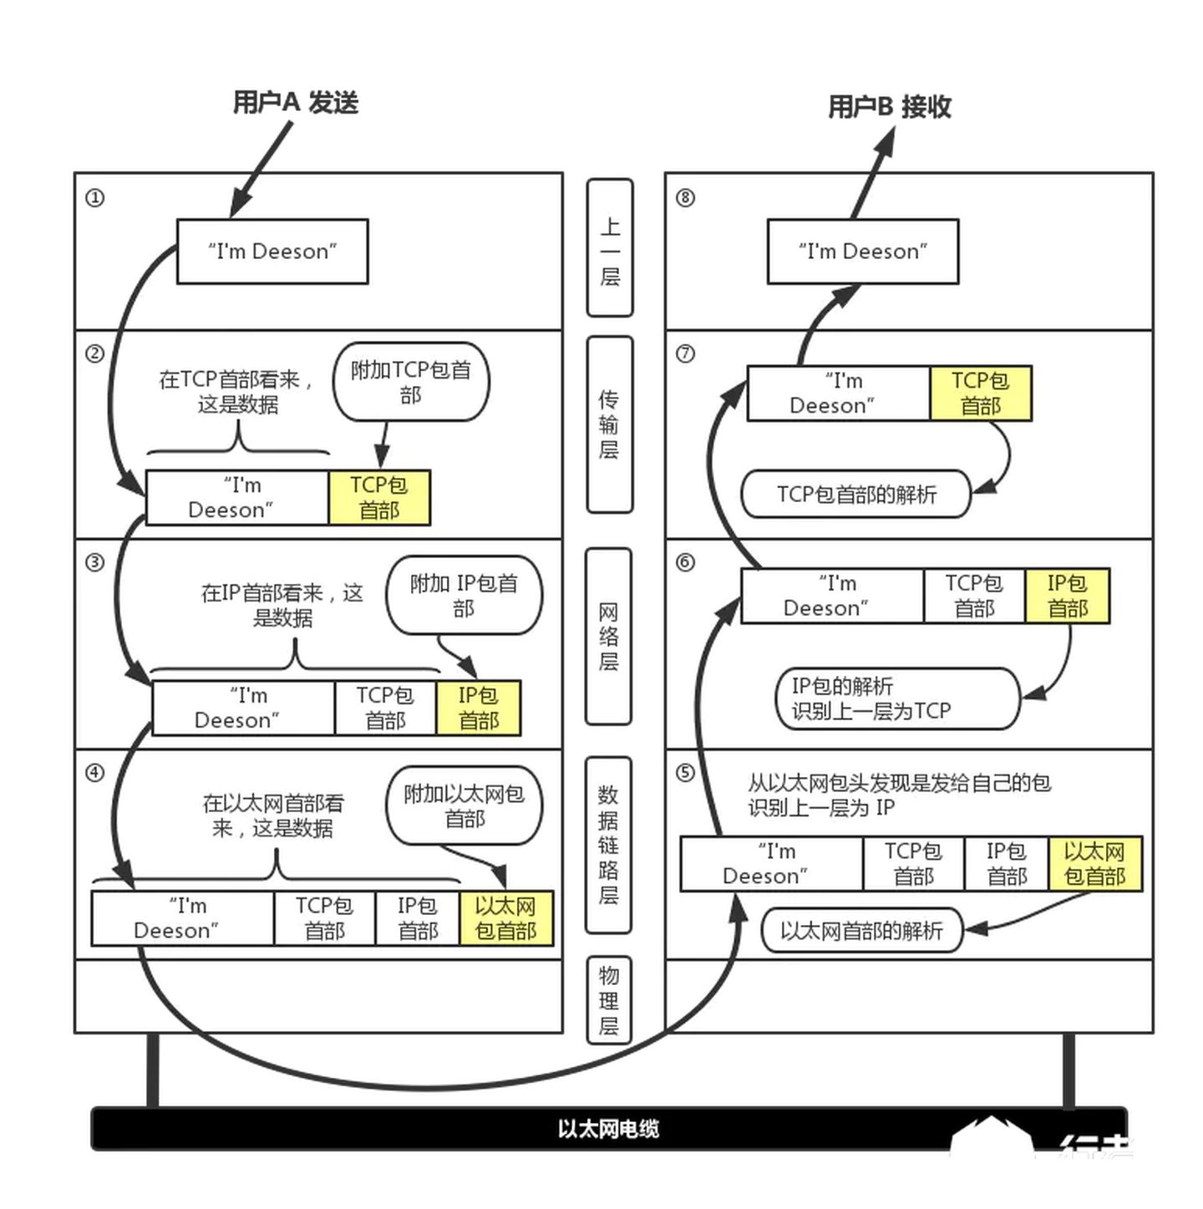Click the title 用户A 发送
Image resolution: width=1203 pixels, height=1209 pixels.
coord(295,103)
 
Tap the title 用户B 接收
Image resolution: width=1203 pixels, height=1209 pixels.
coord(889,106)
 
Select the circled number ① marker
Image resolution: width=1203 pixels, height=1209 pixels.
coord(95,198)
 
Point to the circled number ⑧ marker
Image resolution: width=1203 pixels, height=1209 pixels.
coord(685,198)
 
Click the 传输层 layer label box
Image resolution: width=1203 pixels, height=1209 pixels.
coord(610,424)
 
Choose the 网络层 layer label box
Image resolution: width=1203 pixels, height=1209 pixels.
coord(608,637)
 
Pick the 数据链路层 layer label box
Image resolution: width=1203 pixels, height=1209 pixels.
coord(608,845)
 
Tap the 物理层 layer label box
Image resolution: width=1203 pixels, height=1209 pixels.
coord(608,1000)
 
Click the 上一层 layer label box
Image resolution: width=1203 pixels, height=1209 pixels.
coord(610,248)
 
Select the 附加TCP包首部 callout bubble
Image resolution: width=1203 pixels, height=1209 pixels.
coord(411,381)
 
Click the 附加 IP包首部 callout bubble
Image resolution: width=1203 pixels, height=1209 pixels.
coord(464,595)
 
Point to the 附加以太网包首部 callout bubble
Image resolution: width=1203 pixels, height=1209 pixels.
coord(464,805)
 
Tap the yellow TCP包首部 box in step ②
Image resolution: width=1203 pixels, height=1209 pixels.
coord(379,497)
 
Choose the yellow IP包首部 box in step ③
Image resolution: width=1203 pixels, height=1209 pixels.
coord(478,708)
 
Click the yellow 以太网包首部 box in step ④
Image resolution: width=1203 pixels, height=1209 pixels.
coord(505,918)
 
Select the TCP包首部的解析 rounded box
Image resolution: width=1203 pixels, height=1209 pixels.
coord(856,494)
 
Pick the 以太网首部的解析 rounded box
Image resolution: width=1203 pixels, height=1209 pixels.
coord(861,930)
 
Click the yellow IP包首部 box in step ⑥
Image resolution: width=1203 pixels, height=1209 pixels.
coord(1067,596)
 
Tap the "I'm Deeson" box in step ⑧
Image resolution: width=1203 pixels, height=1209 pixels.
coord(862,251)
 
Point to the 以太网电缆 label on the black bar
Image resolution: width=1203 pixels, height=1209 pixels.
coord(608,1129)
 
